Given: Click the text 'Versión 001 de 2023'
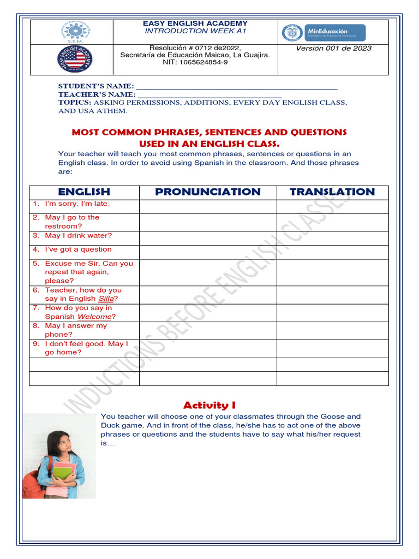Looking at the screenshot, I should click(x=333, y=48).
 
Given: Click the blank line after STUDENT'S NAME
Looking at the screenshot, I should click(x=236, y=87).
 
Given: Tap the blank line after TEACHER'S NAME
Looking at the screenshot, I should click(x=209, y=95).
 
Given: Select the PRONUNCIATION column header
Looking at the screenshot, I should click(x=208, y=192).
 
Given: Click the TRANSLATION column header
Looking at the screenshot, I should click(x=332, y=192).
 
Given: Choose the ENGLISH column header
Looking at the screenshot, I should click(x=84, y=192).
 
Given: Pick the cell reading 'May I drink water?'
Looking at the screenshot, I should click(x=78, y=236).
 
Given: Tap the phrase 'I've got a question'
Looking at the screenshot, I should click(x=78, y=249).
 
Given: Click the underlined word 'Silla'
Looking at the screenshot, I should click(x=106, y=299).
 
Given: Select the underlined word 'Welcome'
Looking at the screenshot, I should click(x=94, y=317).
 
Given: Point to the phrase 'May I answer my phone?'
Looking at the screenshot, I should click(x=76, y=330).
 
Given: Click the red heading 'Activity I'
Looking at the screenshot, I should click(x=209, y=405).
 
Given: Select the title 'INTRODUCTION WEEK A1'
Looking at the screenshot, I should click(x=195, y=31).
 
